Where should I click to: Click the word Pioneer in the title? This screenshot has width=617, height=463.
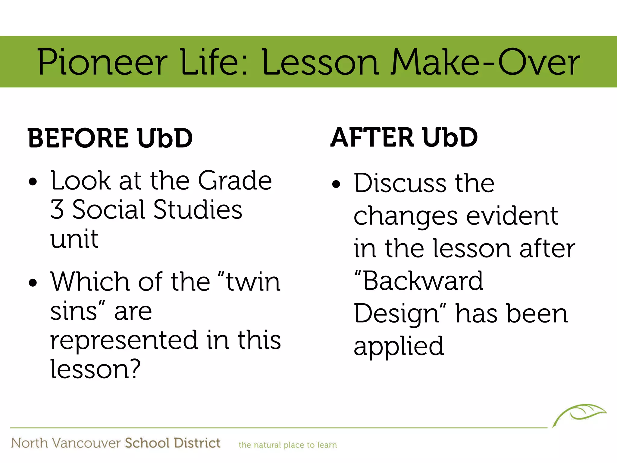point(102,62)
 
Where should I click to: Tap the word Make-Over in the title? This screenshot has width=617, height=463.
point(485,62)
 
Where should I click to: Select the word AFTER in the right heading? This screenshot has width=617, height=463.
point(372,138)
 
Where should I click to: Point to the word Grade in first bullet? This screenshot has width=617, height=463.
point(235,181)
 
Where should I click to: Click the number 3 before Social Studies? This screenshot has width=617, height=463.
point(57,209)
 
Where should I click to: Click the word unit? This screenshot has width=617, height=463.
point(74,239)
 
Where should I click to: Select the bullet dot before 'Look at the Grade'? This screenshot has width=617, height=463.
point(33,182)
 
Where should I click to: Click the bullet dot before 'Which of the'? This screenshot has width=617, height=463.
point(33,283)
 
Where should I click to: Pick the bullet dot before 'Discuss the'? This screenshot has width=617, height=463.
point(336,184)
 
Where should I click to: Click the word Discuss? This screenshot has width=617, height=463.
point(400,183)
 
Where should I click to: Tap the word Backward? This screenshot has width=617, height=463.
point(423,281)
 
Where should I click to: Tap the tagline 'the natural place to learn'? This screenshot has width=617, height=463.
point(287,445)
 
